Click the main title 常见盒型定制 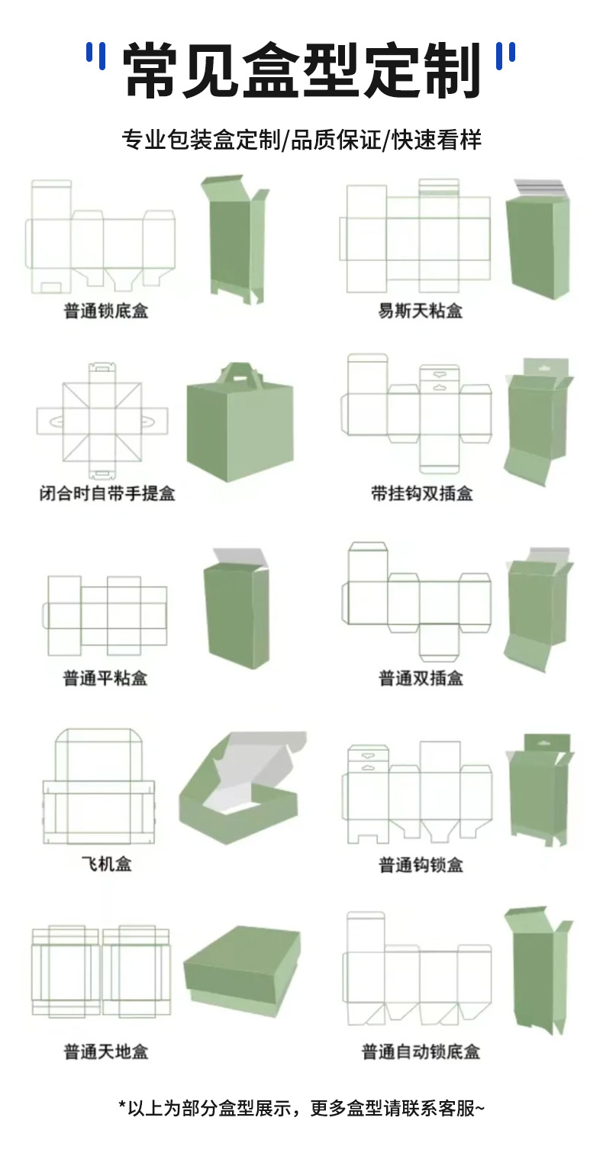click(301, 70)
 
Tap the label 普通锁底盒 click(106, 311)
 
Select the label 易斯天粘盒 click(421, 311)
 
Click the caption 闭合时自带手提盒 click(107, 493)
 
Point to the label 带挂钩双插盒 click(422, 493)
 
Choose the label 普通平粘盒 click(105, 677)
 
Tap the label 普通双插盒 click(421, 677)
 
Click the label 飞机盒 click(106, 864)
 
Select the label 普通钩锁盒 click(421, 864)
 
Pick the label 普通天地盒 click(105, 1051)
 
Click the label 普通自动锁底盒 click(421, 1051)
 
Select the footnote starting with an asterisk click(301, 1108)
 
